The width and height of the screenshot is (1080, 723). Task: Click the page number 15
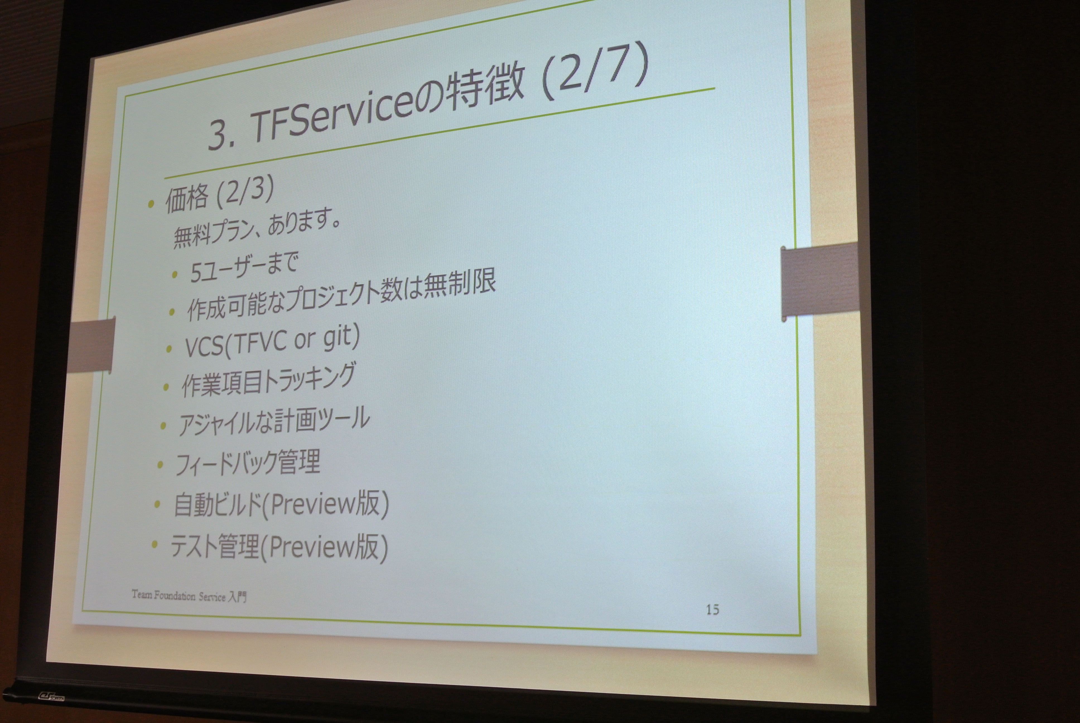click(x=712, y=609)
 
